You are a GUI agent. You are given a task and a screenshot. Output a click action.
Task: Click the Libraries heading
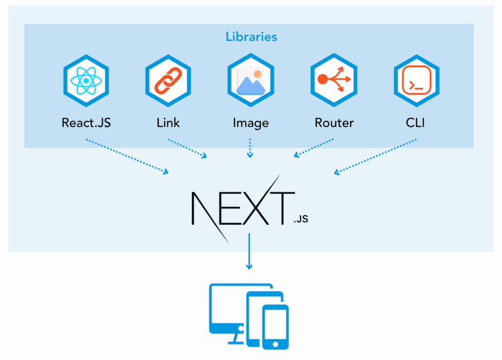click(x=251, y=37)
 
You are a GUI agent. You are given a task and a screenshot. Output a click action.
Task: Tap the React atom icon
click(x=85, y=81)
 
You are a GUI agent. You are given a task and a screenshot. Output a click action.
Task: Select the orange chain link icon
click(x=168, y=81)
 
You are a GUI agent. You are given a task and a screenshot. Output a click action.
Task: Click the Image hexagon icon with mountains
click(x=250, y=81)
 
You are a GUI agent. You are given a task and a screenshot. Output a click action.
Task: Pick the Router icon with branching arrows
click(x=334, y=81)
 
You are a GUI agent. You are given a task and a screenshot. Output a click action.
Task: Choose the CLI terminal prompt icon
click(x=416, y=81)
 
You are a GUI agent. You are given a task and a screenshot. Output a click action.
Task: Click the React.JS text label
click(x=85, y=123)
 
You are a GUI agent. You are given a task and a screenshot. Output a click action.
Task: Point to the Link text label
click(x=168, y=123)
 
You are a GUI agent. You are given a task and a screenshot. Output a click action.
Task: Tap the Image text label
click(x=250, y=123)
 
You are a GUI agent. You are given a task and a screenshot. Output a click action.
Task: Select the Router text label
click(x=334, y=123)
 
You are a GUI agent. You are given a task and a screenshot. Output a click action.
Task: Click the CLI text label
click(x=416, y=123)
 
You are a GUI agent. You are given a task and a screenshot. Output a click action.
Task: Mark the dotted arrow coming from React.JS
click(x=127, y=156)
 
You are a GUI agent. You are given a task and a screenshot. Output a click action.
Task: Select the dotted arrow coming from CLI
click(x=375, y=156)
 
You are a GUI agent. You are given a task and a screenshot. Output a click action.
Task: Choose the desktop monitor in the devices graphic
click(x=227, y=312)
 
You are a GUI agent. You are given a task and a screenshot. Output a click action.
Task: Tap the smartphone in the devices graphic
click(x=276, y=327)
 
